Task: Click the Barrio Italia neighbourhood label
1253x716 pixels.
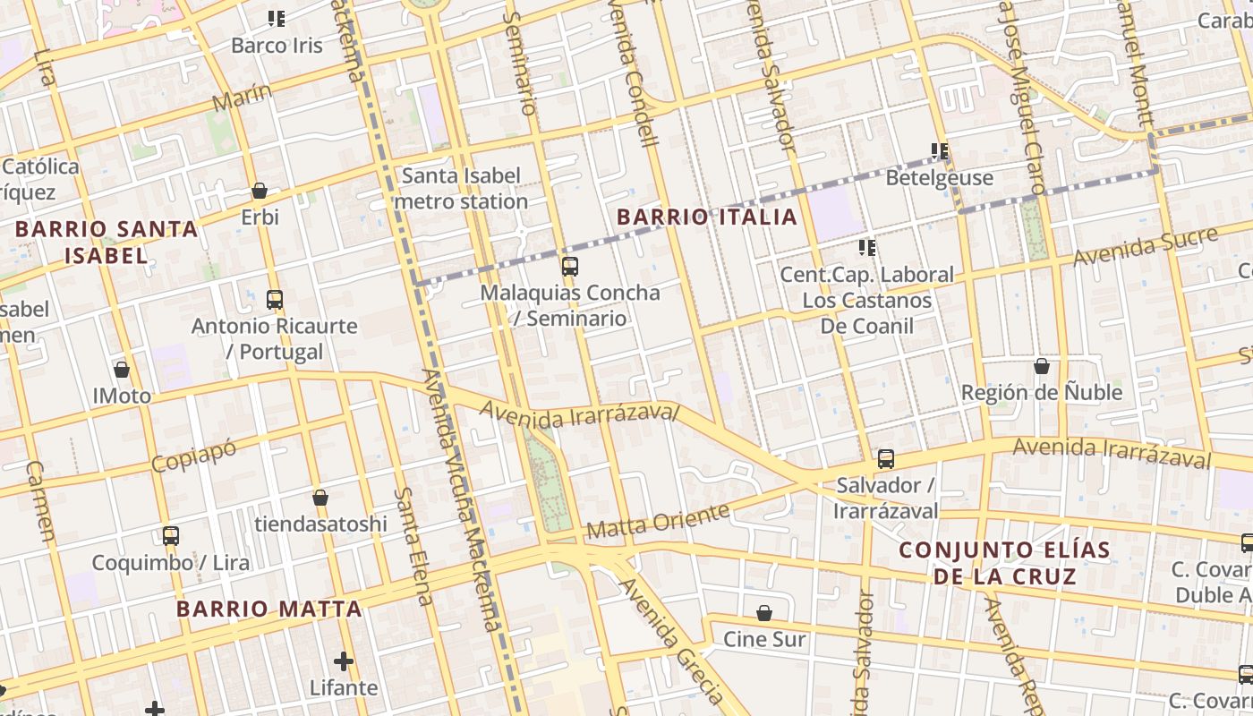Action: pyautogui.click(x=706, y=217)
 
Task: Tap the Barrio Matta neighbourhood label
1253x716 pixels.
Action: pyautogui.click(x=268, y=609)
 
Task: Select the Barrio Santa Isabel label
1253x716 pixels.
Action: pyautogui.click(x=107, y=242)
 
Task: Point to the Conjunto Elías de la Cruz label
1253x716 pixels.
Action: pyautogui.click(x=1004, y=562)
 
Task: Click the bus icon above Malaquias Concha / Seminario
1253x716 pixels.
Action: pyautogui.click(x=569, y=266)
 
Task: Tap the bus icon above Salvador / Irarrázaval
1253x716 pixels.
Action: pyautogui.click(x=885, y=459)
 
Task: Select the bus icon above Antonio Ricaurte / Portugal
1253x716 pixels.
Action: pyautogui.click(x=274, y=300)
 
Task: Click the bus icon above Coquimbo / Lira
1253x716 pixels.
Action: pyautogui.click(x=170, y=536)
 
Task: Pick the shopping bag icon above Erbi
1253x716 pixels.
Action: pyautogui.click(x=260, y=191)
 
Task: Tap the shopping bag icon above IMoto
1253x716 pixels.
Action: pyautogui.click(x=122, y=369)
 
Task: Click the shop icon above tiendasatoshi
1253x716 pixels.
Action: pyautogui.click(x=320, y=498)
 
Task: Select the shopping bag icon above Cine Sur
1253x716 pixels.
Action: pyautogui.click(x=764, y=613)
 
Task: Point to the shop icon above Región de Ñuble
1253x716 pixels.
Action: pyautogui.click(x=1041, y=366)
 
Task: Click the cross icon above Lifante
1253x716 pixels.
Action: pyautogui.click(x=343, y=661)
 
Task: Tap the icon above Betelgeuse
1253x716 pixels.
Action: pyautogui.click(x=939, y=151)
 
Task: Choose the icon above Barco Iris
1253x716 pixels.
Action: pyautogui.click(x=277, y=19)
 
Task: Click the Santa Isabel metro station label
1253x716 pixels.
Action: pyautogui.click(x=461, y=189)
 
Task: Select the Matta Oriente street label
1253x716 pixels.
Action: pyautogui.click(x=658, y=522)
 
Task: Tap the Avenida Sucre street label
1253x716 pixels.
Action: pyautogui.click(x=1145, y=246)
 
